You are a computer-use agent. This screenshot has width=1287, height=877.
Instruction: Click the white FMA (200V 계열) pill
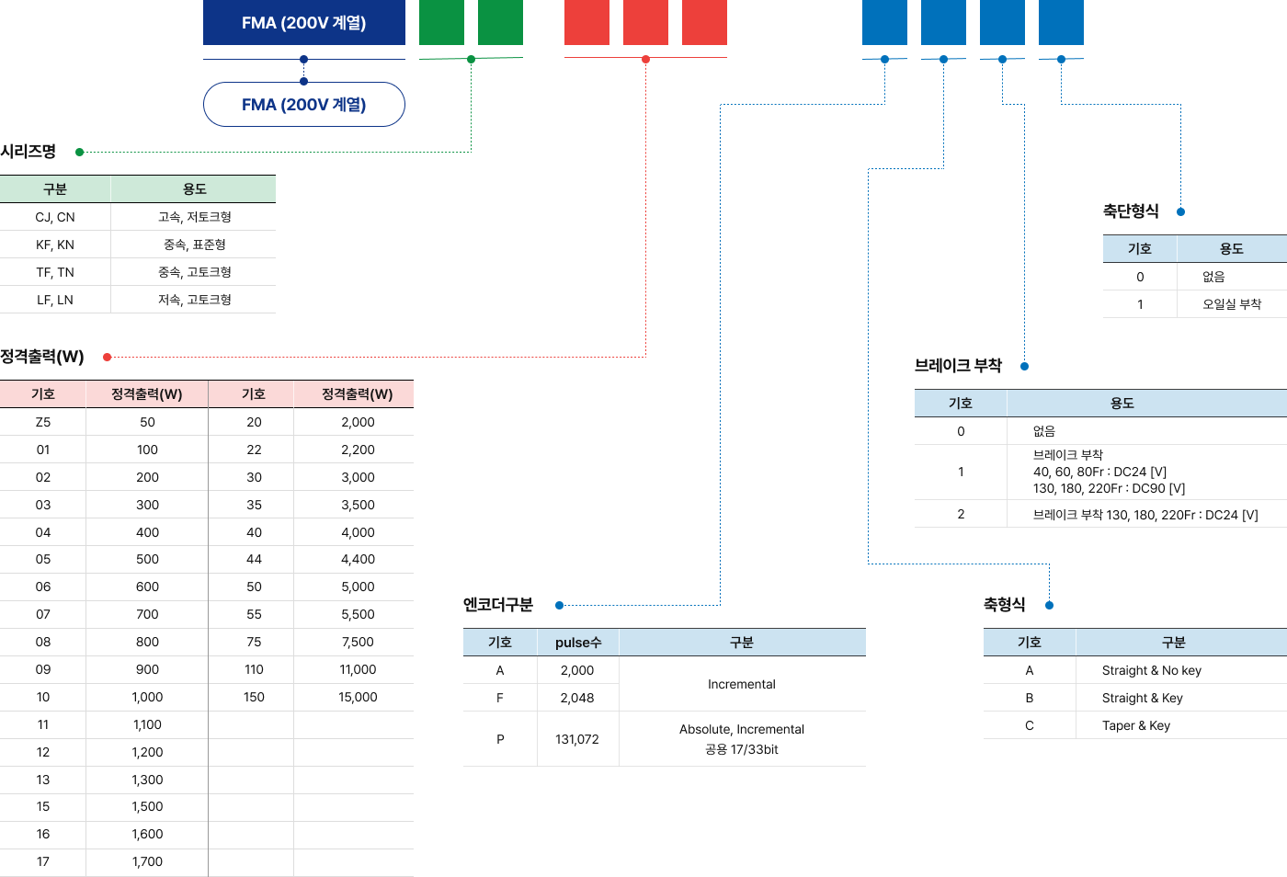click(303, 105)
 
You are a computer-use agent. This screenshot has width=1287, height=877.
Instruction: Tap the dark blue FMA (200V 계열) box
click(303, 23)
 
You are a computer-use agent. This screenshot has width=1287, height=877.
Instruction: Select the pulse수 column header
click(578, 643)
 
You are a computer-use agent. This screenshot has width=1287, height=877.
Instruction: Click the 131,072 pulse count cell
click(577, 739)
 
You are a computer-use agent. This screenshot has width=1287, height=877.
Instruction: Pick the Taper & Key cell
click(1136, 725)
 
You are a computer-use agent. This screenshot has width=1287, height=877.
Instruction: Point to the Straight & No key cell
click(1152, 670)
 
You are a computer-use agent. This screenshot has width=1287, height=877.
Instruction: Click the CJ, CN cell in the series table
click(55, 217)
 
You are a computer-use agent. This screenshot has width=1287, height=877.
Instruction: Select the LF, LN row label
click(55, 300)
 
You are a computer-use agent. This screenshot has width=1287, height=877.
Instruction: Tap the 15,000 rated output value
click(358, 697)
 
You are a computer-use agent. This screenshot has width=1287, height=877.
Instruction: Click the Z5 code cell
click(43, 422)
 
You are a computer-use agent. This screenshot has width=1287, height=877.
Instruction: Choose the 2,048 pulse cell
click(577, 698)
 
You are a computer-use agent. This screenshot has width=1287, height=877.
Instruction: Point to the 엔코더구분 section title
click(498, 605)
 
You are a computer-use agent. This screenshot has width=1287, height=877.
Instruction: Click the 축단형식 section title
click(1131, 211)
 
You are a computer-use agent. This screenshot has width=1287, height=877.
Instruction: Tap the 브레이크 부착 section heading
click(958, 366)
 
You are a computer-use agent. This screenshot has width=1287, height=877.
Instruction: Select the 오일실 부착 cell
click(1232, 304)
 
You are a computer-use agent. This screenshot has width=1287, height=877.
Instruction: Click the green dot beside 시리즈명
click(80, 153)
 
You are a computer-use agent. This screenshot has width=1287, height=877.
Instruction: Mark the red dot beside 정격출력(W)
click(108, 357)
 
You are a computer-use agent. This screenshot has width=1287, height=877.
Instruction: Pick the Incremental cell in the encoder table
click(742, 684)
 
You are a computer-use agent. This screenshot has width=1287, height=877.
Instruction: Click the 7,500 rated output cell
click(358, 642)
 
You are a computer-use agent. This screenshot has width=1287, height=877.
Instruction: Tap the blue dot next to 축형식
click(1050, 605)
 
